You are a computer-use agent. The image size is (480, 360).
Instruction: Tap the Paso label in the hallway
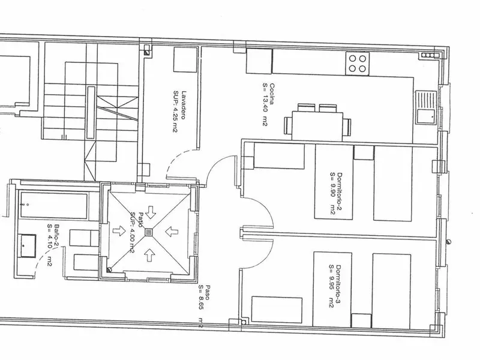(x=208, y=292)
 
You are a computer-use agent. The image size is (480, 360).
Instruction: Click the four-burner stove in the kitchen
(x=358, y=64)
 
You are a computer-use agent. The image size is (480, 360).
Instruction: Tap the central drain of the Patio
(x=149, y=232)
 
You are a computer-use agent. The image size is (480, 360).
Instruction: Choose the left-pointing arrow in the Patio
(x=172, y=232)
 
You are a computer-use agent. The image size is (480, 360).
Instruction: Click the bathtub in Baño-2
(x=54, y=205)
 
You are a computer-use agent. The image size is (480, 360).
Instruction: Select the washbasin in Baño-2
(x=28, y=245)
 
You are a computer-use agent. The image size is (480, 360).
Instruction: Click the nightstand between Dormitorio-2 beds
(x=364, y=152)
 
